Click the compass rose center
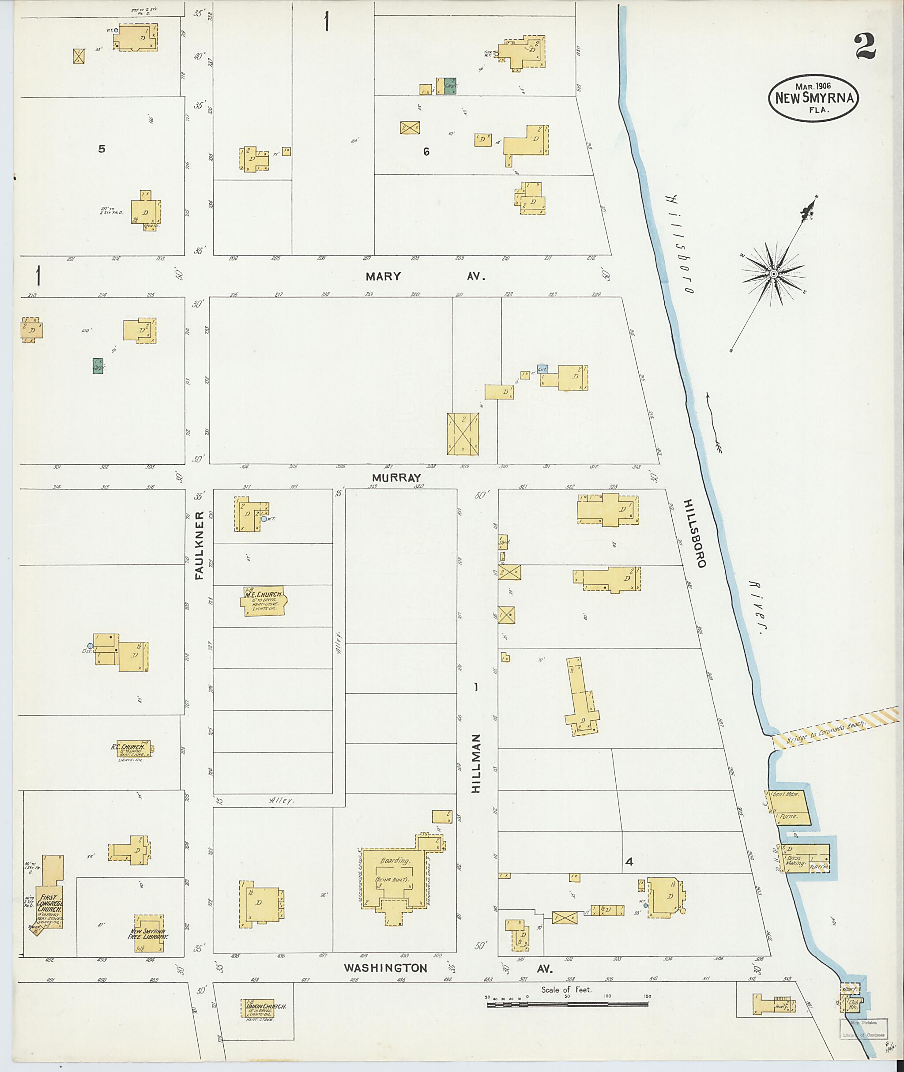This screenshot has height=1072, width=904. click(x=773, y=275)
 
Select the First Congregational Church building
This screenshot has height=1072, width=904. click(x=49, y=910)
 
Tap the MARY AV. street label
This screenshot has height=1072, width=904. click(x=424, y=276)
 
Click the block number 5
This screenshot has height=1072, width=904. click(x=102, y=149)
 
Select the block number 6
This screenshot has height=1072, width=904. click(x=426, y=152)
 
